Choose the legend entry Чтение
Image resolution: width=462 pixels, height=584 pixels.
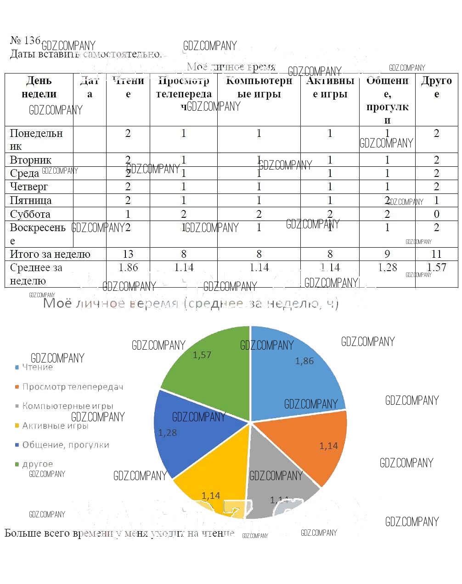[x=37, y=367]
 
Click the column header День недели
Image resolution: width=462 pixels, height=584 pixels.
[x=39, y=87]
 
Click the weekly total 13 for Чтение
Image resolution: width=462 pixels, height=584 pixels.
[x=128, y=254]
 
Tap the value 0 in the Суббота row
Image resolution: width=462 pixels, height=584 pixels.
[x=436, y=214]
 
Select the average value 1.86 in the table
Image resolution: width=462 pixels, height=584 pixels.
[x=128, y=267]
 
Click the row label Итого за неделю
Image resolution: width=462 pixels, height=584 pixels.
[x=50, y=254]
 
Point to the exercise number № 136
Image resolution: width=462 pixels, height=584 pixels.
[x=25, y=40]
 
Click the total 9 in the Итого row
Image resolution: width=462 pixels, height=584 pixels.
[x=387, y=254]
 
